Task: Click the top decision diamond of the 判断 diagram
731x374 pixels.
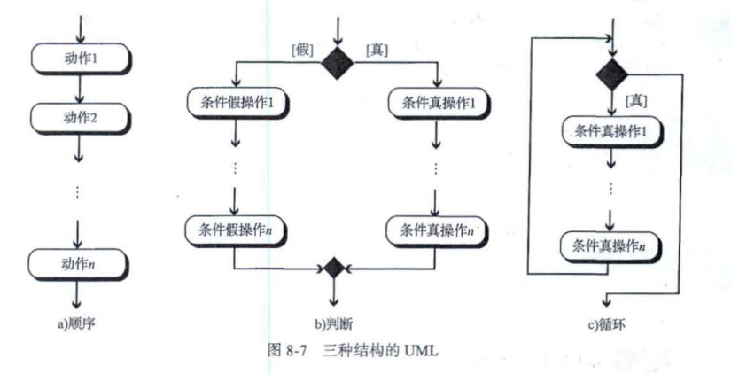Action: (x=336, y=63)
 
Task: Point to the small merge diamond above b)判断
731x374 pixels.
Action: (x=334, y=267)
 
